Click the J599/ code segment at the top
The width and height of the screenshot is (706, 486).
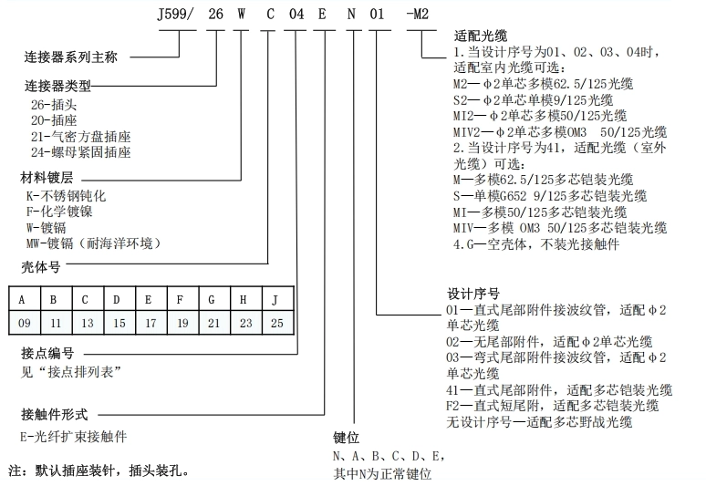176,15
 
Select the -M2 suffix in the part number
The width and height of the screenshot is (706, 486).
418,15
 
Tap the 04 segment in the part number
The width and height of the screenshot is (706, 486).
296,15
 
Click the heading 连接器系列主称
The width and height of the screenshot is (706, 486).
70,57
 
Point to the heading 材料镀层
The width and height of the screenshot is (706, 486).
47,178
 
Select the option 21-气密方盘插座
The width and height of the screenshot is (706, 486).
80,137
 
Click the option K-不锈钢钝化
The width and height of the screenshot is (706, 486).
66,196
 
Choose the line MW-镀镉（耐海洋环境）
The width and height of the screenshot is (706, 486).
93,243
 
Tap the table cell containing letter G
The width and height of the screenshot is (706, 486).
214,299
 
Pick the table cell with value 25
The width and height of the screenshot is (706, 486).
278,323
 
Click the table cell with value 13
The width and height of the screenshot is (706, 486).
88,323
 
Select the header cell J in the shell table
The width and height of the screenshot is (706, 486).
278,299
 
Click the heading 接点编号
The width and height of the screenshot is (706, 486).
47,353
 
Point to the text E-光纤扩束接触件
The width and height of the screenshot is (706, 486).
73,437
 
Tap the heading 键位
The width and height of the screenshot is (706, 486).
347,438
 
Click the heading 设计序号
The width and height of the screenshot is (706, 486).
473,294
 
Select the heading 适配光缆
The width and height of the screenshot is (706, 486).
481,36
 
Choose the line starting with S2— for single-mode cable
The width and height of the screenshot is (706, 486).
533,99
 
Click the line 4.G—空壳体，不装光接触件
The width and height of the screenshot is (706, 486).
536,243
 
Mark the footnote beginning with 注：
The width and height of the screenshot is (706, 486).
99,470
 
